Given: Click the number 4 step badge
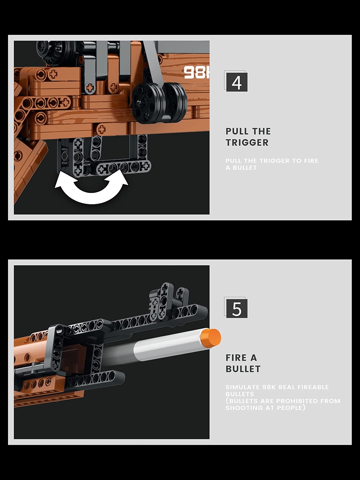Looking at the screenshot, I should (236, 82).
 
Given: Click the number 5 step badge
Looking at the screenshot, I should (236, 308).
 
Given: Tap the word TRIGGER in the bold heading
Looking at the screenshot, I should (247, 142).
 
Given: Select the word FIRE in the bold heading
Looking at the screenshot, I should (236, 357).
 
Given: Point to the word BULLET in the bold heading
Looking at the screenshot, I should (243, 369).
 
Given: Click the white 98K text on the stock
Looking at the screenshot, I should (196, 73).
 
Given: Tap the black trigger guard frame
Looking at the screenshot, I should (106, 157).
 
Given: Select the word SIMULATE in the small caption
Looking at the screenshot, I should (243, 387).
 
